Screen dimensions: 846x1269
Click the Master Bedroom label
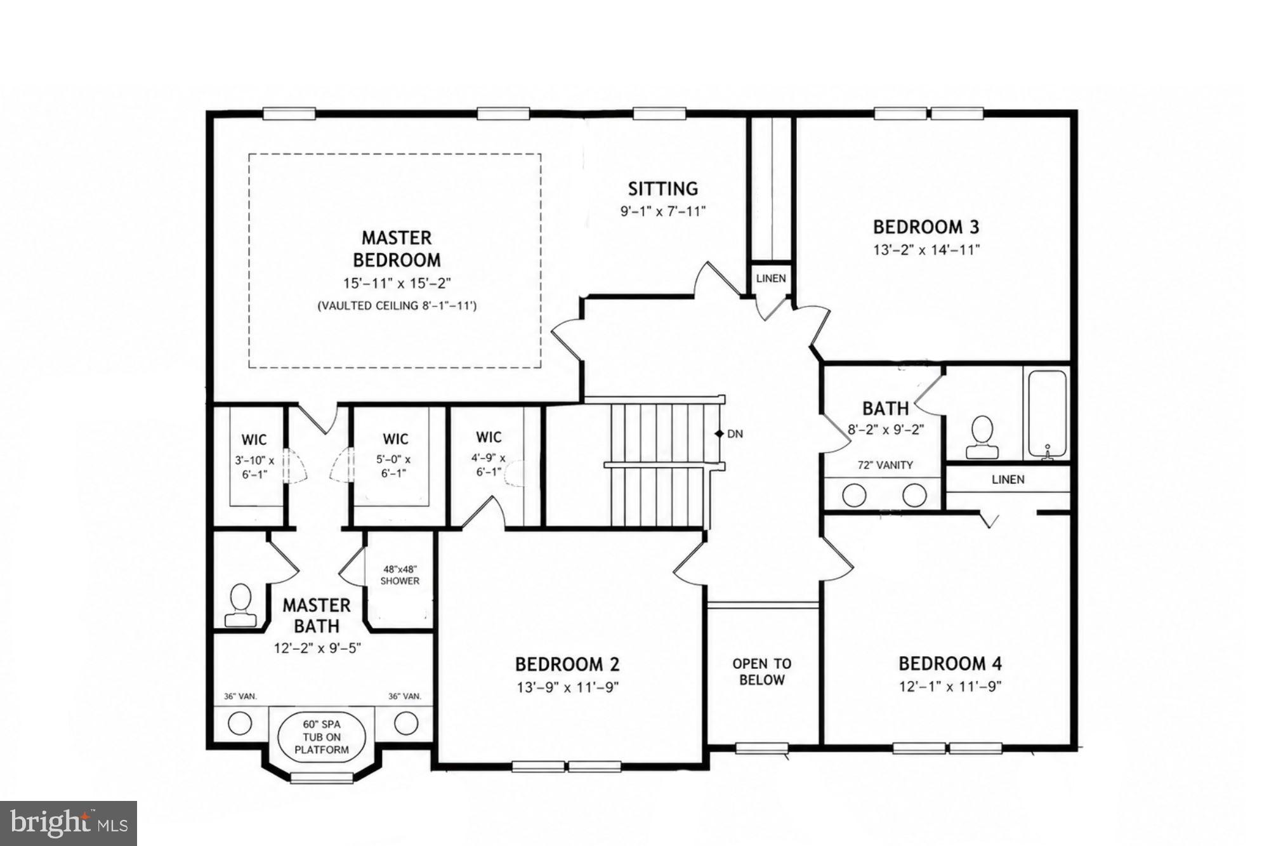(x=397, y=249)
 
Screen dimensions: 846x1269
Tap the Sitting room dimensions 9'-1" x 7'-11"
(x=663, y=211)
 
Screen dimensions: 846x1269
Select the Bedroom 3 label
(x=926, y=227)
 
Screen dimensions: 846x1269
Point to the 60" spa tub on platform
(x=322, y=737)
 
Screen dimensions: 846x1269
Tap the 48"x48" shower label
(x=400, y=575)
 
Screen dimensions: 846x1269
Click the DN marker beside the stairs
(x=730, y=434)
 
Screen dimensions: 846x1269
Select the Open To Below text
(x=761, y=671)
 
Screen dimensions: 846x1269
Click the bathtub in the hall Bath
(x=1047, y=414)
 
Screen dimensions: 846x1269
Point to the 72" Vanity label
(x=885, y=465)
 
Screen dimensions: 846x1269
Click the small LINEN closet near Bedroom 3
(x=771, y=278)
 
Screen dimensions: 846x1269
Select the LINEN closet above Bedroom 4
(x=1008, y=480)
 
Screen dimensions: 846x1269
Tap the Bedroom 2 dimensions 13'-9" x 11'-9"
(x=567, y=687)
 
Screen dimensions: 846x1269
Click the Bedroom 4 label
(x=950, y=664)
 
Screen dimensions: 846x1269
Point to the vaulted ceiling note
(x=397, y=306)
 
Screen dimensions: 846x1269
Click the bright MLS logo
(x=69, y=824)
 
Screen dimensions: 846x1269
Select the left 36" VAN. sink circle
(x=240, y=723)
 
